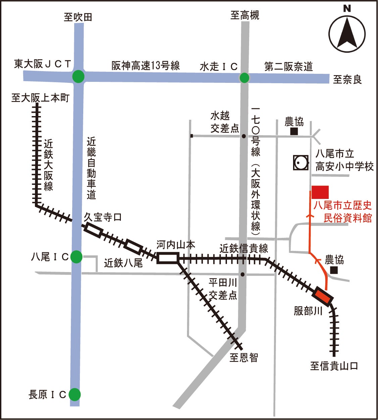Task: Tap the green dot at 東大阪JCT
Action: tap(78, 76)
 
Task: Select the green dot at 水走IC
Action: tap(244, 78)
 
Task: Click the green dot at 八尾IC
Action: tap(77, 257)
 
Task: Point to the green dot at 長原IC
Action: tap(75, 394)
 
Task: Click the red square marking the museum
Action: tap(320, 192)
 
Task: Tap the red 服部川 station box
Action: tap(323, 297)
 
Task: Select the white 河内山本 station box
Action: tap(168, 258)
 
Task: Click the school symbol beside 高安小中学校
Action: tap(300, 163)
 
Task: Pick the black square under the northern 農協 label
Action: tap(294, 132)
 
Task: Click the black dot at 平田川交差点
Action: tap(243, 274)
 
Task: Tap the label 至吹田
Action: tap(78, 17)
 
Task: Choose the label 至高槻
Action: tap(245, 15)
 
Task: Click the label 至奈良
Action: tap(347, 80)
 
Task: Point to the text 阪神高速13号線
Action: tap(146, 65)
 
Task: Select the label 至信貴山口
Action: tap(334, 366)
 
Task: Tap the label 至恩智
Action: tap(244, 358)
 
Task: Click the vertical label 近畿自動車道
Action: tap(91, 168)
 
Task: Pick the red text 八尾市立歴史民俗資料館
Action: tap(343, 211)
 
